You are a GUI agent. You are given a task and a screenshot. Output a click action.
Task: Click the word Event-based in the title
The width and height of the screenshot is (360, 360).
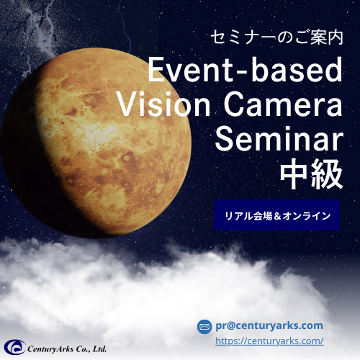(x=245, y=70)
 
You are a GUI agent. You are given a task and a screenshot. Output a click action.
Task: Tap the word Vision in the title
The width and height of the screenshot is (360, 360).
(x=164, y=104)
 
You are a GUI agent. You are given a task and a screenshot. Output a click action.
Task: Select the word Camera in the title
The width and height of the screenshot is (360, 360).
(x=283, y=104)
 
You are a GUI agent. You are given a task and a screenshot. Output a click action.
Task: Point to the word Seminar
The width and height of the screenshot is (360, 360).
(x=279, y=139)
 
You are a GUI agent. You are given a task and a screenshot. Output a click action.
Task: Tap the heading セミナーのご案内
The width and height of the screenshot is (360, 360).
(x=276, y=37)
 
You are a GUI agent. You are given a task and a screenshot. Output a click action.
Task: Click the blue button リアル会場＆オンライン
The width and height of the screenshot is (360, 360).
(x=276, y=215)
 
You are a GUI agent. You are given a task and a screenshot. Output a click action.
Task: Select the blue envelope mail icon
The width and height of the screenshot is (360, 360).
(x=204, y=327)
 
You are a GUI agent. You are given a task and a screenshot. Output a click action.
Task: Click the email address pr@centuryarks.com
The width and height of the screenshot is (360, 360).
(x=269, y=325)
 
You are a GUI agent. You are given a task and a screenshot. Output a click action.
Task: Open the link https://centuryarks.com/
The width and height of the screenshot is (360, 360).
(x=269, y=341)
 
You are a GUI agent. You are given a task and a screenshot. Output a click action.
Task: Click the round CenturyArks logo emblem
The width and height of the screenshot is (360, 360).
(x=15, y=347)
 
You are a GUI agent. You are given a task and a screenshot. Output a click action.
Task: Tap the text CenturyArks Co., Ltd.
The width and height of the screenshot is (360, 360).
(x=67, y=348)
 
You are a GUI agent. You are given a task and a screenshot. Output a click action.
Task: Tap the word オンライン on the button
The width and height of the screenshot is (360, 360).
(x=307, y=216)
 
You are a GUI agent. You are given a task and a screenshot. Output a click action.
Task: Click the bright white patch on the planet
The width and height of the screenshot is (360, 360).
(x=96, y=135)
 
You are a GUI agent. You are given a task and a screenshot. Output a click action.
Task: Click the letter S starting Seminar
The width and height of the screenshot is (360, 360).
(x=223, y=139)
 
